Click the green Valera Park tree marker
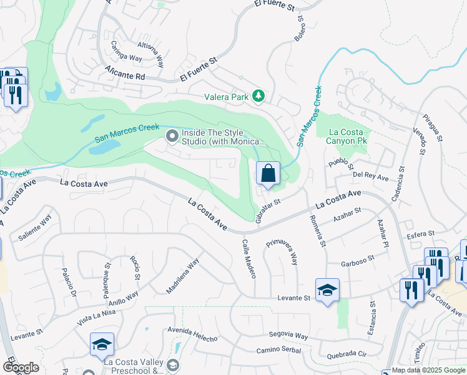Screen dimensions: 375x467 (258, 96)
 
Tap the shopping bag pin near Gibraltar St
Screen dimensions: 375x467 (268, 174)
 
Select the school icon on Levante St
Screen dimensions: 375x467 (327, 291)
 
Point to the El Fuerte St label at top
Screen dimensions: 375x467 (274, 5)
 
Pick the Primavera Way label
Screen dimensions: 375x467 (282, 250)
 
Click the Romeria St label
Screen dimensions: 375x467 (318, 231)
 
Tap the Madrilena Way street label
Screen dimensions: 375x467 (182, 276)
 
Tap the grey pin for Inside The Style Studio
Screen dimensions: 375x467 (171, 136)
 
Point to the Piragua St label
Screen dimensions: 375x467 (432, 127)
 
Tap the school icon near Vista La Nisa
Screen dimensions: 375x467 (102, 344)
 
